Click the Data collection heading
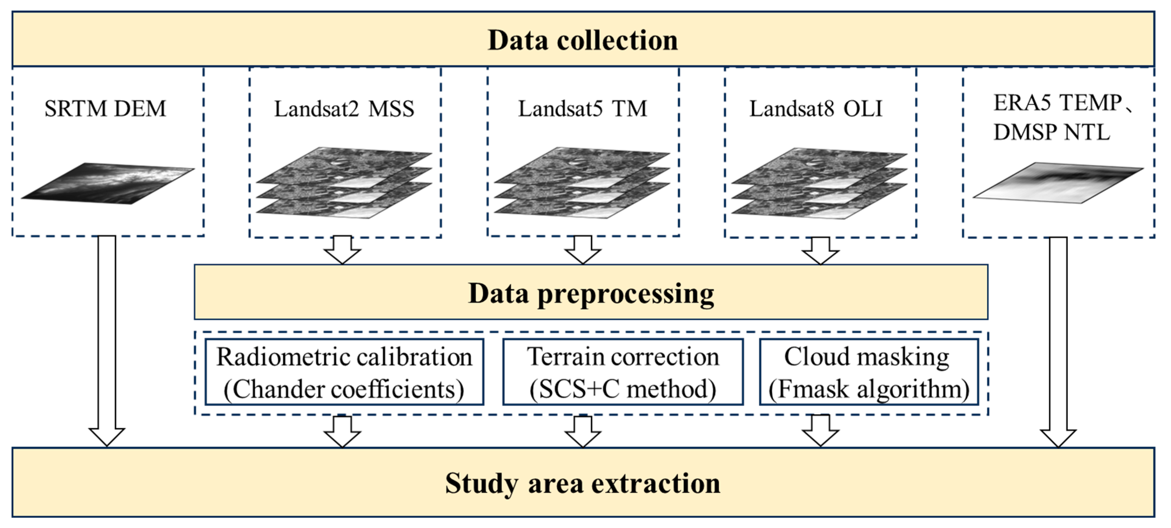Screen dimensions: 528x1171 pyautogui.click(x=583, y=40)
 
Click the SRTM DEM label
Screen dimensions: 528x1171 pyautogui.click(x=106, y=109)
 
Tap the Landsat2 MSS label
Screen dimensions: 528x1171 pyautogui.click(x=344, y=109)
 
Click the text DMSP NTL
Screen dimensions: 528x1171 pyautogui.click(x=1051, y=132)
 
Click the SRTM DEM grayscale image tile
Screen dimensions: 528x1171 pyautogui.click(x=108, y=183)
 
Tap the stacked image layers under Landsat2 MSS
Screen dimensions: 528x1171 pyautogui.click(x=344, y=183)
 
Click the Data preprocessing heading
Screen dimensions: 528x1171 pyautogui.click(x=591, y=293)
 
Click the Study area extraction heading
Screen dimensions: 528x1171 pyautogui.click(x=583, y=483)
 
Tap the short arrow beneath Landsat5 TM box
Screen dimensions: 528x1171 pyautogui.click(x=583, y=250)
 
